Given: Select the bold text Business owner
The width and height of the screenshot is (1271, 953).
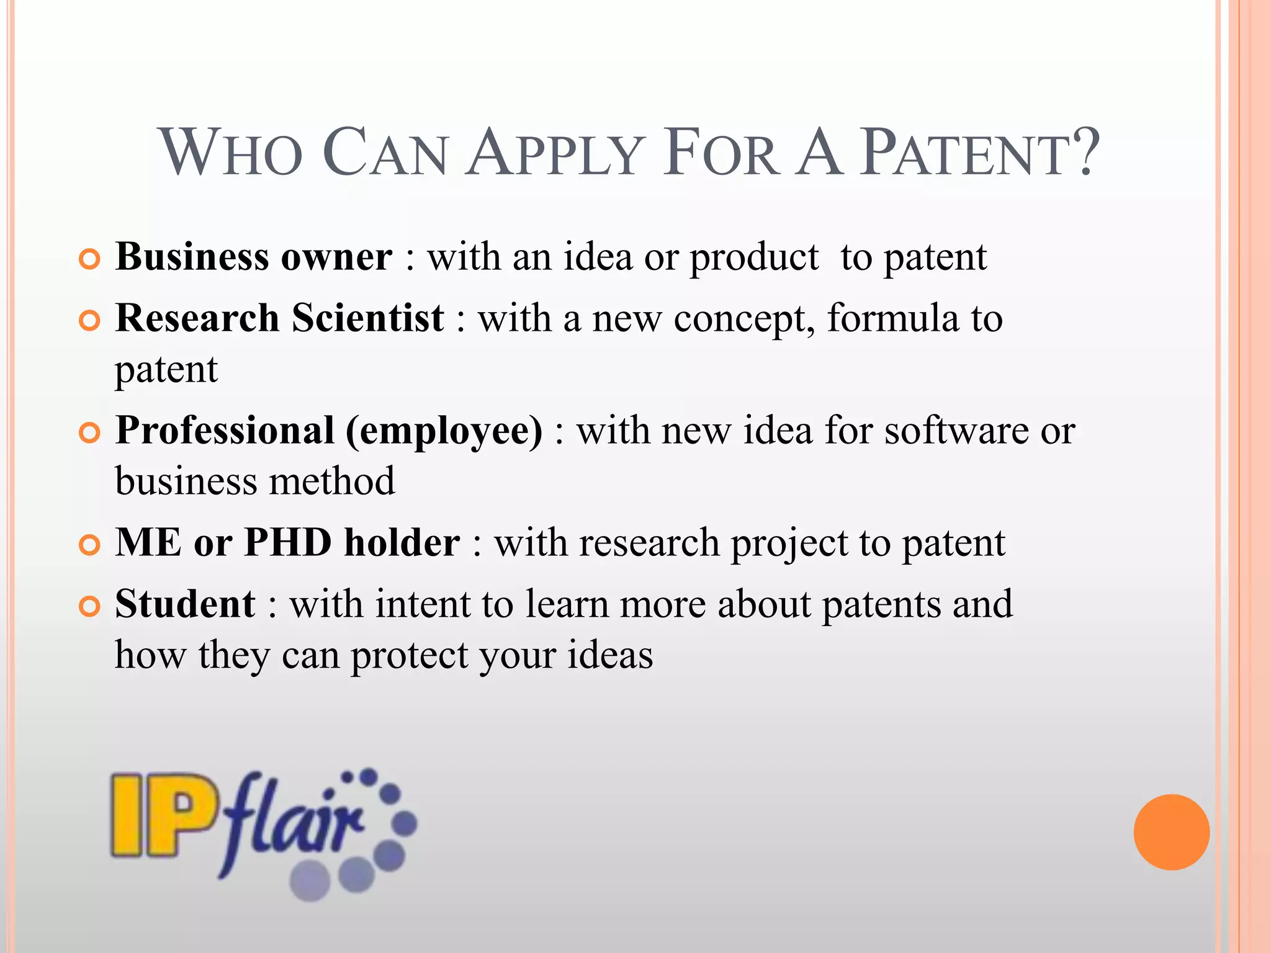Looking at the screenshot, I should pyautogui.click(x=254, y=257).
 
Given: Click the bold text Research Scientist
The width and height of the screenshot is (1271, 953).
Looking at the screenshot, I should pyautogui.click(x=279, y=318).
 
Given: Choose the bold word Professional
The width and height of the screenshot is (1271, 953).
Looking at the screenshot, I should pyautogui.click(x=225, y=431).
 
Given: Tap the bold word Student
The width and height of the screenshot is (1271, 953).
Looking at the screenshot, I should pyautogui.click(x=185, y=604).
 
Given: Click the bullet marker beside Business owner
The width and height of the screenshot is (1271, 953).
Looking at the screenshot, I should pyautogui.click(x=90, y=259).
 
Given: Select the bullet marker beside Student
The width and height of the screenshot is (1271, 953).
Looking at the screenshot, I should pyautogui.click(x=90, y=607).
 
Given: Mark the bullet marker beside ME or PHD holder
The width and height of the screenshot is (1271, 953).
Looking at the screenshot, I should pyautogui.click(x=90, y=545).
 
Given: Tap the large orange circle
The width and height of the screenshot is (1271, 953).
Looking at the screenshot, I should pyautogui.click(x=1171, y=832).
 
